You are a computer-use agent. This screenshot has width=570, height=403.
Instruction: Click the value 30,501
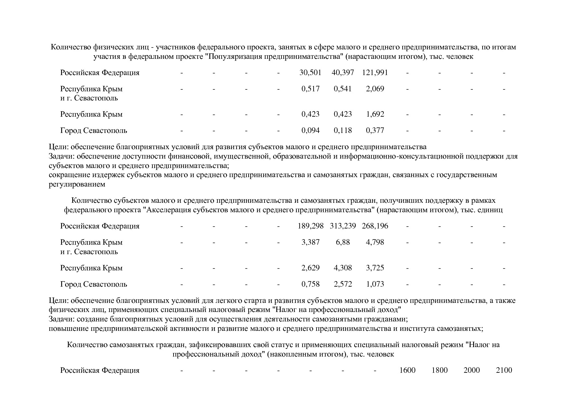[x=310, y=72]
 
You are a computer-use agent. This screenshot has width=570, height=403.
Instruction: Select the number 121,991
[x=375, y=72]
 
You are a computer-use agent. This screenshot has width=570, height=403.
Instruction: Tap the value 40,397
[x=343, y=72]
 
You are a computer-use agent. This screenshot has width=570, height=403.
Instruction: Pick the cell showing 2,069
[x=375, y=89]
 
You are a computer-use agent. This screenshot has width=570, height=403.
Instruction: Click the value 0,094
[x=310, y=131]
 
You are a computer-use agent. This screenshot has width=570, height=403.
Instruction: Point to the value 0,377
[x=375, y=131]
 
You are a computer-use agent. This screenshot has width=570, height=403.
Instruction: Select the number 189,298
[x=310, y=226]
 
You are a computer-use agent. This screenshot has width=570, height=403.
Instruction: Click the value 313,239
[x=343, y=226]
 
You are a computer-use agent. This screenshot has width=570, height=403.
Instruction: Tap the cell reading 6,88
[x=343, y=242]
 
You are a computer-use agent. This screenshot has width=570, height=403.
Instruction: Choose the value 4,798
[x=375, y=242]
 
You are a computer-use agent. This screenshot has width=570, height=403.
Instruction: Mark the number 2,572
[x=343, y=284]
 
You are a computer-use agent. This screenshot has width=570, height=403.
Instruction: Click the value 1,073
[x=375, y=284]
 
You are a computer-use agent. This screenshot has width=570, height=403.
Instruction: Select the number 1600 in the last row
[x=407, y=370]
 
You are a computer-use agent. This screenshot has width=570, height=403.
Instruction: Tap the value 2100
[x=504, y=370]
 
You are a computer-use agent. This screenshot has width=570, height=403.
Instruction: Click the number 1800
[x=439, y=370]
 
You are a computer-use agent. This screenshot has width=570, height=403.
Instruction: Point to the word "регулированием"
[x=77, y=184]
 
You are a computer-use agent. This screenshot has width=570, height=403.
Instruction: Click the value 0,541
[x=343, y=89]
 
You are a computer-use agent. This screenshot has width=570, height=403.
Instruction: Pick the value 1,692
[x=375, y=114]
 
